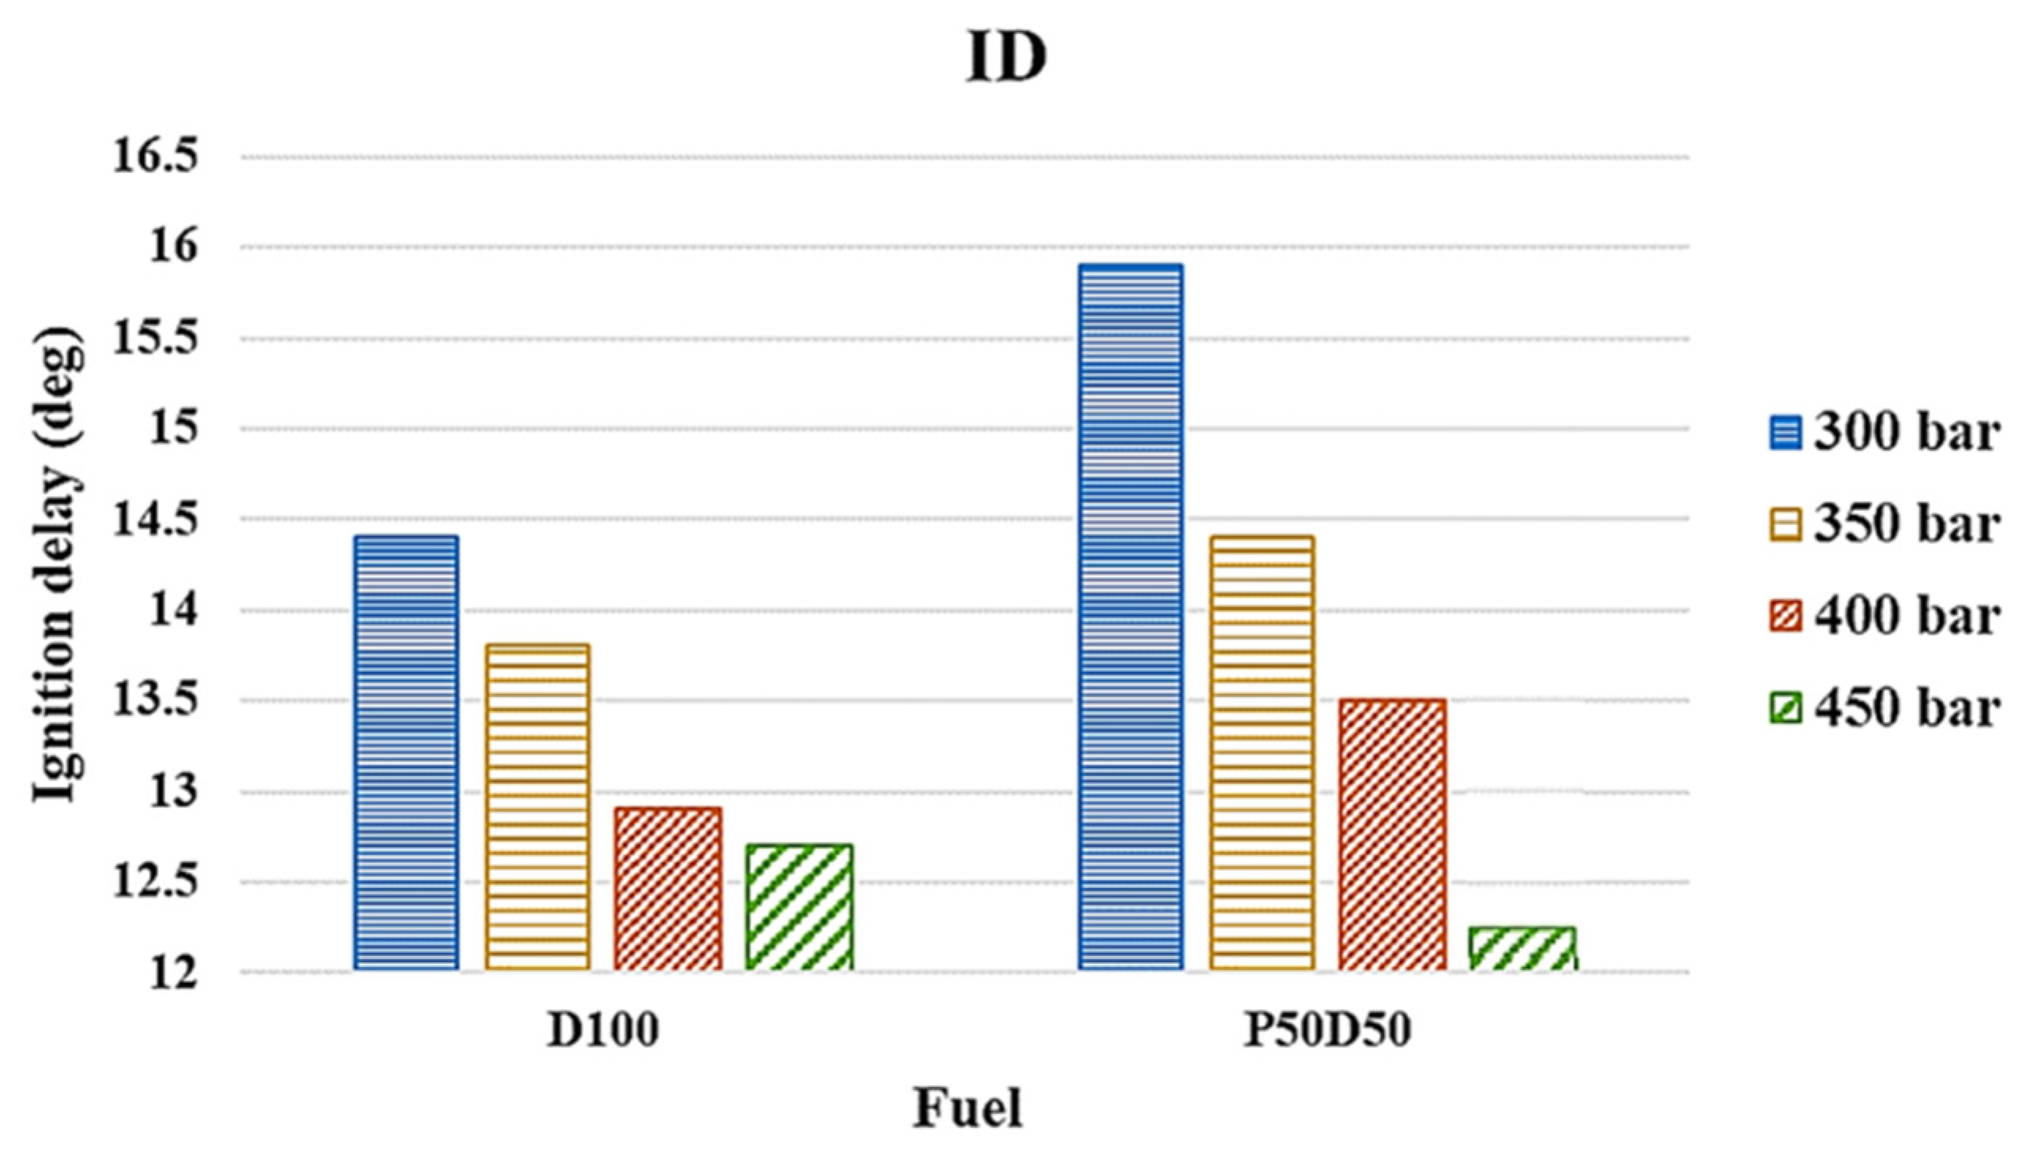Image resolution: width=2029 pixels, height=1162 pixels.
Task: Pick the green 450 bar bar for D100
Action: tap(799, 906)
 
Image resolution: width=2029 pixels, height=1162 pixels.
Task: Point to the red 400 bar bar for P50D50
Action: tap(1392, 834)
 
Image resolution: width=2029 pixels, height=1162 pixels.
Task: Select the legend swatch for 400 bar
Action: tap(1786, 617)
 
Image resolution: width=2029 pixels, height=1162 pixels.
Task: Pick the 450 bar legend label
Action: tap(1907, 708)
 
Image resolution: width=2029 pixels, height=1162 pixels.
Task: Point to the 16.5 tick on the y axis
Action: tap(155, 156)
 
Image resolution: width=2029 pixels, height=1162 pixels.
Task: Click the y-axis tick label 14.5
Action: tap(155, 520)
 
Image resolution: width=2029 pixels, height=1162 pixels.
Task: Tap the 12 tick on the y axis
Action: tap(173, 974)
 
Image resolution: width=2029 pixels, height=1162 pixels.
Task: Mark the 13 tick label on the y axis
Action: tap(173, 793)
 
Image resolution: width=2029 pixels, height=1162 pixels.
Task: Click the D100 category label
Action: tap(603, 1030)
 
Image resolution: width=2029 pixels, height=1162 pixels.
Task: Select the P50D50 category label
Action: tap(1327, 1030)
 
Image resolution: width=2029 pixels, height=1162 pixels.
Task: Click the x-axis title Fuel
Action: tap(967, 1108)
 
